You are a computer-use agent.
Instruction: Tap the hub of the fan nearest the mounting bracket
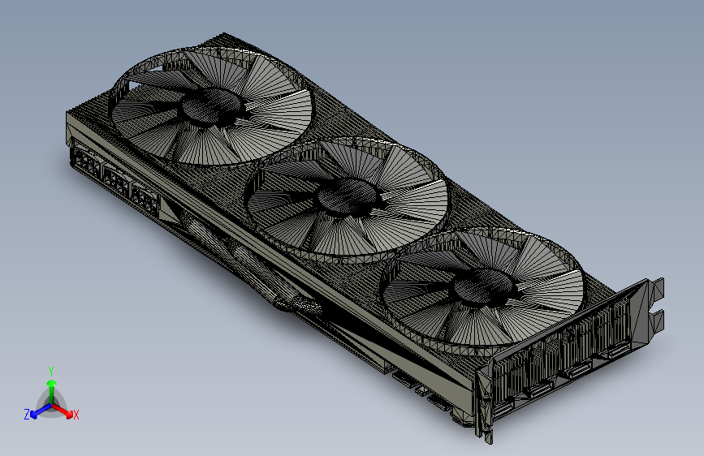pyautogui.click(x=484, y=286)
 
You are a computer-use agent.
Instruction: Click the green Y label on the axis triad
pyautogui.click(x=51, y=370)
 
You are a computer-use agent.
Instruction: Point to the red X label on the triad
pyautogui.click(x=76, y=415)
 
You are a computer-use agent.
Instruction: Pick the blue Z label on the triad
pyautogui.click(x=27, y=414)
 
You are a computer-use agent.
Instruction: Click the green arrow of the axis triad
pyautogui.click(x=51, y=385)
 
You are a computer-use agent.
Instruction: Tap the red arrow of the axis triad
pyautogui.click(x=66, y=411)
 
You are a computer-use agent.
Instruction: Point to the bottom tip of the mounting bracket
pyautogui.click(x=489, y=439)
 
